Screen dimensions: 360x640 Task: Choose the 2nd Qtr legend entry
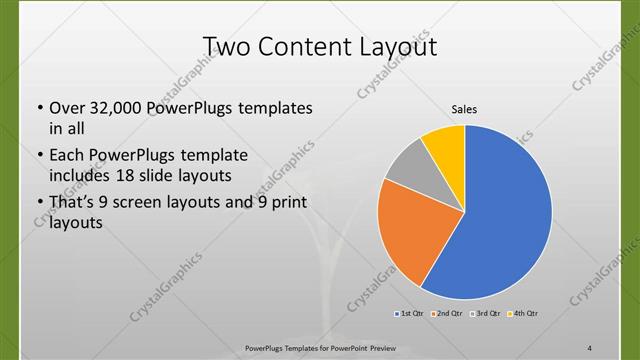click(x=445, y=315)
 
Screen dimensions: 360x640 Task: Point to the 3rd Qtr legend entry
click(x=483, y=315)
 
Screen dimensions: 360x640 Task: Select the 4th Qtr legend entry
click(x=523, y=315)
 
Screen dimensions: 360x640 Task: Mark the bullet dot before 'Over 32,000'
click(x=38, y=108)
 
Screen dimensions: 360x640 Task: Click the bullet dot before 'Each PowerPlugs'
click(x=38, y=156)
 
